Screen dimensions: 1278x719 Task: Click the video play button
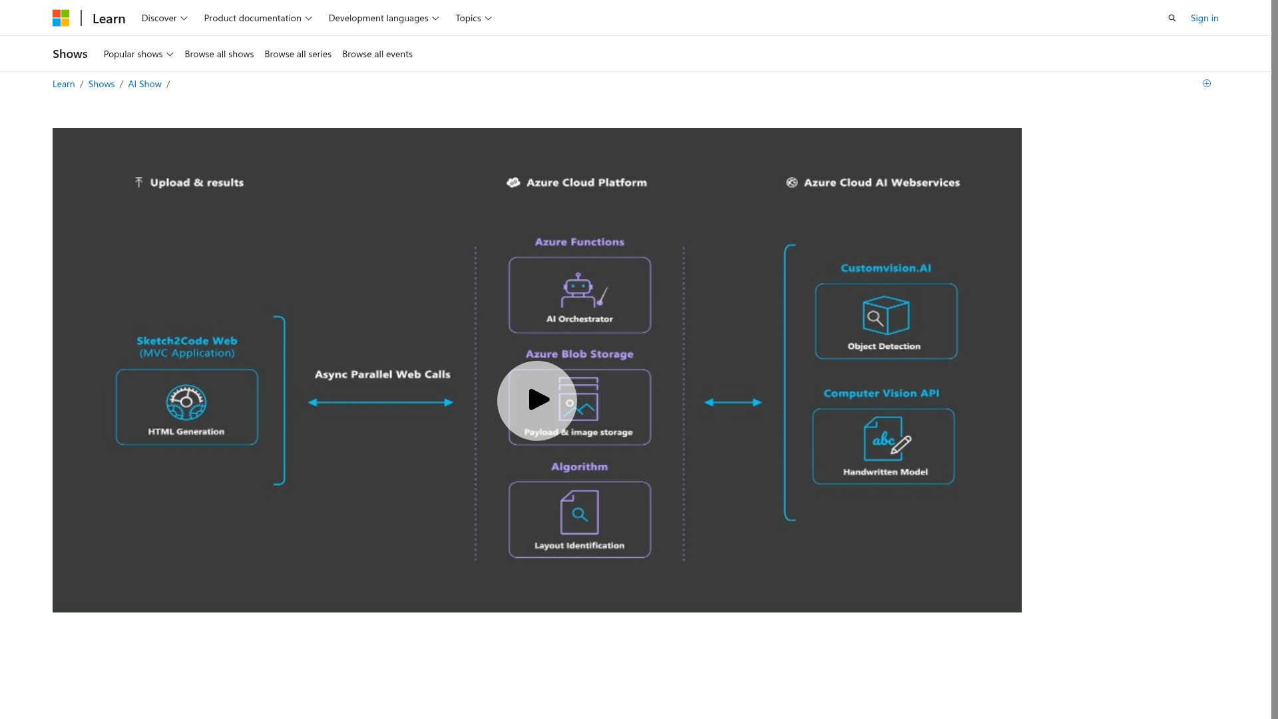pyautogui.click(x=536, y=401)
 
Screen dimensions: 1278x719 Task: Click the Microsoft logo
pyautogui.click(x=61, y=18)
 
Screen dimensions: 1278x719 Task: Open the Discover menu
pyautogui.click(x=164, y=18)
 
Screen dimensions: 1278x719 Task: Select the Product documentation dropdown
pyautogui.click(x=258, y=18)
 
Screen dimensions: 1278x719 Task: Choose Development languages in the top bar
pyautogui.click(x=383, y=18)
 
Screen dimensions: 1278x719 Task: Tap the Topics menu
pyautogui.click(x=473, y=18)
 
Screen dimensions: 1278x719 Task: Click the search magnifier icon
pyautogui.click(x=1172, y=18)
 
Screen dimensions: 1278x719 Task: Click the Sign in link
pyautogui.click(x=1204, y=18)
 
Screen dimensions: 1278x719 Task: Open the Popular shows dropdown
pyautogui.click(x=138, y=54)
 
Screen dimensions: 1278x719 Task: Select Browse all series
pyautogui.click(x=298, y=54)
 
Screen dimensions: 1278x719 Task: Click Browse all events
pyautogui.click(x=377, y=54)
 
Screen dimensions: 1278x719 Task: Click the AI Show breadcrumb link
pyautogui.click(x=144, y=84)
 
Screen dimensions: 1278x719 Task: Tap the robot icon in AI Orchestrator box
pyautogui.click(x=578, y=289)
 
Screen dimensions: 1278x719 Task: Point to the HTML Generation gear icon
pyautogui.click(x=186, y=403)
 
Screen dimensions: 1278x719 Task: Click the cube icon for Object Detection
pyautogui.click(x=885, y=315)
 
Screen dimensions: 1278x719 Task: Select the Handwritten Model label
pyautogui.click(x=885, y=472)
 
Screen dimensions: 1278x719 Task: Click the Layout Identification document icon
pyautogui.click(x=579, y=512)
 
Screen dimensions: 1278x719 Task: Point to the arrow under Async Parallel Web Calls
pyautogui.click(x=381, y=402)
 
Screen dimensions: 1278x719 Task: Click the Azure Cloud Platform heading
pyautogui.click(x=586, y=182)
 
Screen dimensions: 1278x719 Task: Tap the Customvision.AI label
pyautogui.click(x=886, y=268)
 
